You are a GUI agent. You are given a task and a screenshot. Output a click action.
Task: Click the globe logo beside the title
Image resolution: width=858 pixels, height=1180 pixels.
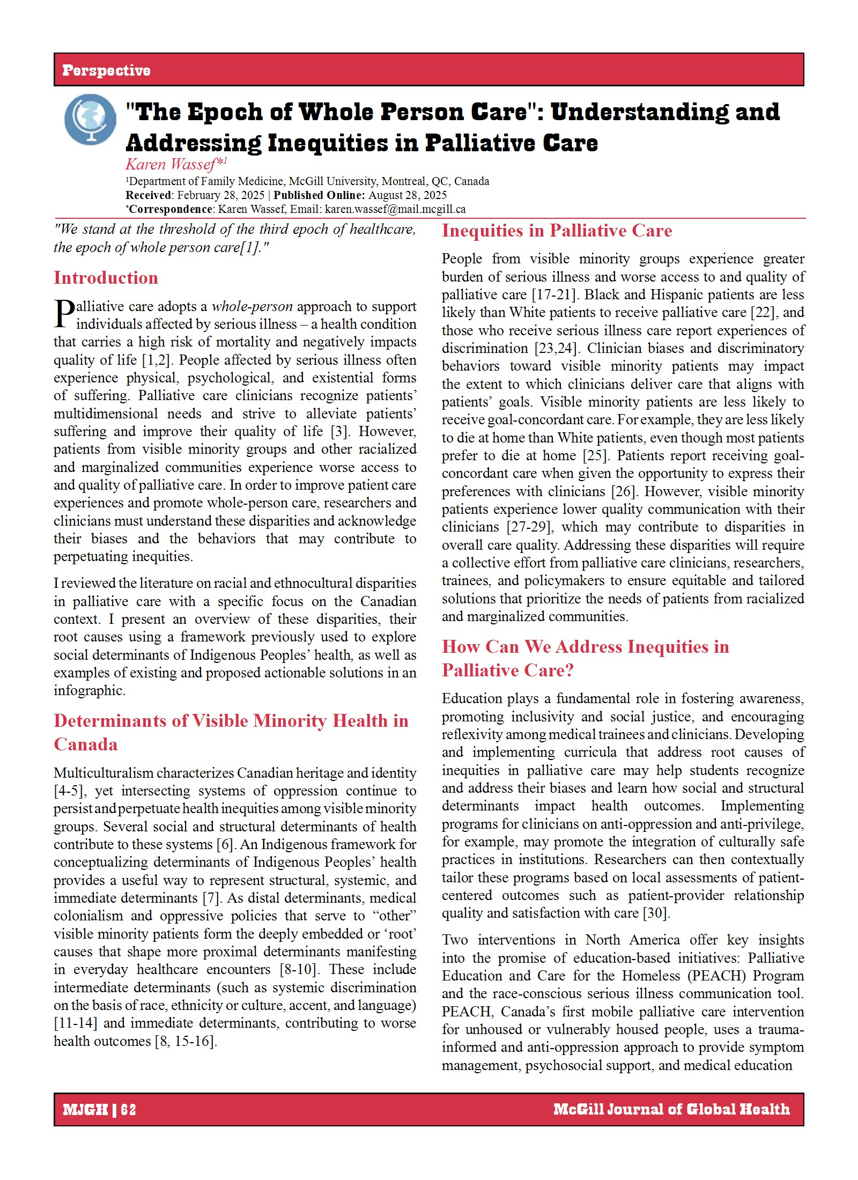tap(90, 119)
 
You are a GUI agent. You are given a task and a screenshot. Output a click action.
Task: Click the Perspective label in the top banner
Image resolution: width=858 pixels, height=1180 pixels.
tap(106, 70)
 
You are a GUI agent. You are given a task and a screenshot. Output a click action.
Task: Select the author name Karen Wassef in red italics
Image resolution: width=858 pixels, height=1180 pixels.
tap(171, 164)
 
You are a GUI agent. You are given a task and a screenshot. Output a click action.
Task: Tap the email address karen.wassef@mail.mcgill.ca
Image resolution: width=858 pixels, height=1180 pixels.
tap(395, 209)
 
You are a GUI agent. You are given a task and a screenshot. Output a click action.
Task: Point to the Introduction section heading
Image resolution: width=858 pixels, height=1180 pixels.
tap(106, 278)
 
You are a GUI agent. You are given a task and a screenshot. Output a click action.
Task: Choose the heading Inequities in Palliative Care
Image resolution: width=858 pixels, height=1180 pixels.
tap(557, 231)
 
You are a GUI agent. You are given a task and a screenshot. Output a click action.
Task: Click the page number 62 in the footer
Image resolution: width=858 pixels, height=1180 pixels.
tap(129, 1109)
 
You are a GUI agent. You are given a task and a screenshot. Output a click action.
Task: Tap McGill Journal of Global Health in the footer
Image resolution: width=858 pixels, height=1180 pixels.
tap(671, 1109)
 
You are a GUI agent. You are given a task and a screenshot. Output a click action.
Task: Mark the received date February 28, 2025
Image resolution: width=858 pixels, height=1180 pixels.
tap(221, 195)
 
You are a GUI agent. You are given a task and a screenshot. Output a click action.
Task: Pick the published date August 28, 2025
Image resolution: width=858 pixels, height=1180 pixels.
tap(408, 195)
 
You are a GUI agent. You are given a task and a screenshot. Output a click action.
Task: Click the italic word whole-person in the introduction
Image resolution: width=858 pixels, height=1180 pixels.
tap(252, 306)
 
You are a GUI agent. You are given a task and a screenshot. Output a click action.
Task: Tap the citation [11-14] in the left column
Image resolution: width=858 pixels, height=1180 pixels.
tap(76, 1023)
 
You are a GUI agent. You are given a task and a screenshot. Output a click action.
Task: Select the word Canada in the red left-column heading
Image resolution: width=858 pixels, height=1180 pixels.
tap(86, 744)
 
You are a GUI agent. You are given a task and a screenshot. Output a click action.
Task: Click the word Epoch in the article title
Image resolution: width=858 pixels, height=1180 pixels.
tap(225, 112)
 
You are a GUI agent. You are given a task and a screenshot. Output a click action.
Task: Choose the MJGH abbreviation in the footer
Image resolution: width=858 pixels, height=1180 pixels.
tap(85, 1109)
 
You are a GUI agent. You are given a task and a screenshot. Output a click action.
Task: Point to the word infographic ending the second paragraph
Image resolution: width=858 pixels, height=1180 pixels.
tap(88, 691)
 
